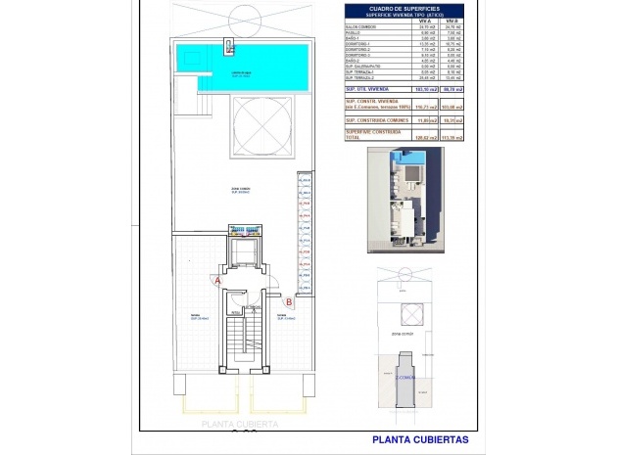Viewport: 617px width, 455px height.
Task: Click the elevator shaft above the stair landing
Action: pyautogui.click(x=242, y=255)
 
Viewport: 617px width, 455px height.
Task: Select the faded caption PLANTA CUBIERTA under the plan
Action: pyautogui.click(x=239, y=425)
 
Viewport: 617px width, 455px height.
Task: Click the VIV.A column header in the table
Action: pyautogui.click(x=424, y=20)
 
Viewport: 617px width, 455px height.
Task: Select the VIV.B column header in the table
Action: pyautogui.click(x=451, y=20)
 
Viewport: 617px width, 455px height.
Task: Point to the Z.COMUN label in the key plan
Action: pyautogui.click(x=405, y=377)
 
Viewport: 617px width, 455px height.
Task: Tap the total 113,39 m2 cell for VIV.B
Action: pyautogui.click(x=451, y=138)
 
